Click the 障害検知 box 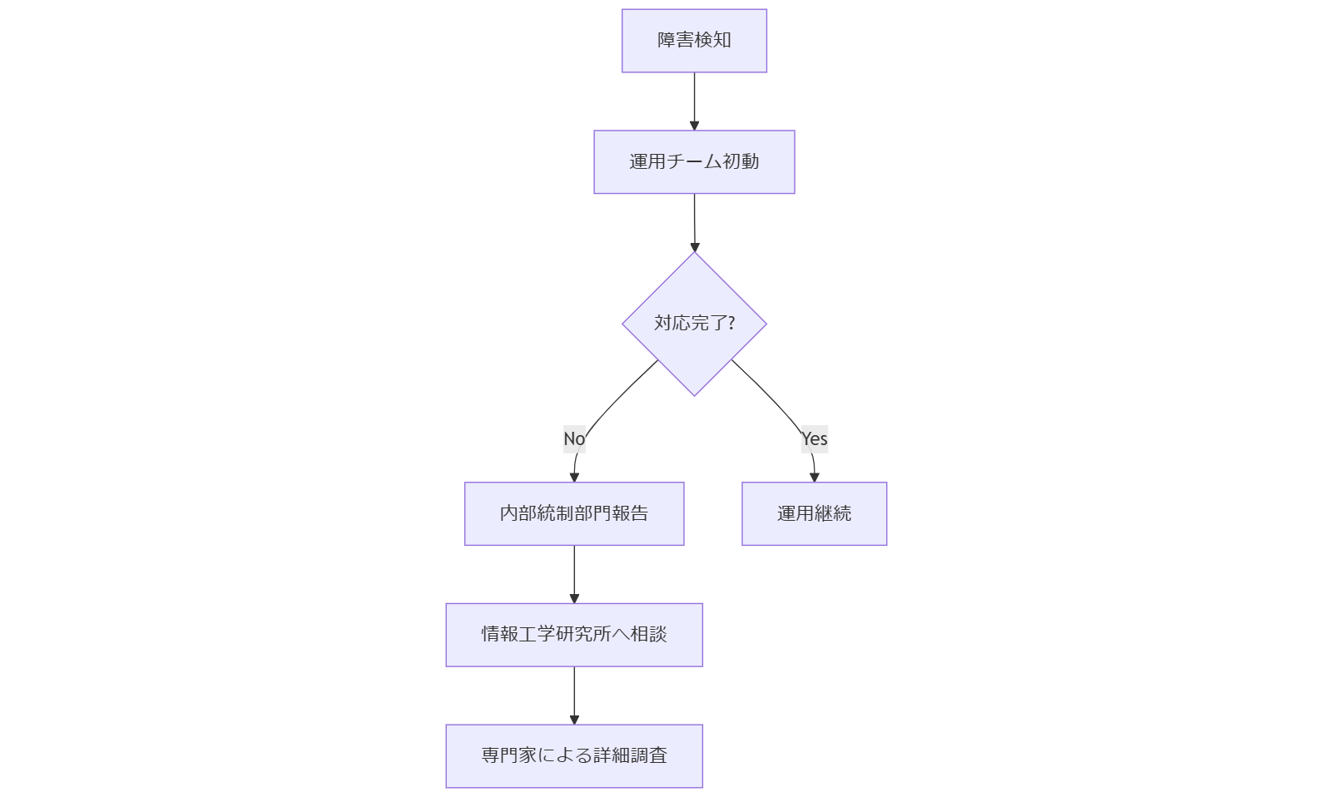tap(694, 41)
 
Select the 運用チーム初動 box tap(694, 161)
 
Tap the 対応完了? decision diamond tap(694, 323)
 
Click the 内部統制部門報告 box tap(574, 513)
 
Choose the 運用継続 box tap(814, 513)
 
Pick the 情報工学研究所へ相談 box tap(574, 635)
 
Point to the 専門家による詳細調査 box tap(574, 755)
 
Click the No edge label tap(574, 438)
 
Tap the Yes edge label tap(815, 438)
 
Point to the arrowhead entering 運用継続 tap(814, 477)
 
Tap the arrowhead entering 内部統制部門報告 tap(574, 477)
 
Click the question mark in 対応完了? tap(731, 323)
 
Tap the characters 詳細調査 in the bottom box tap(630, 755)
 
